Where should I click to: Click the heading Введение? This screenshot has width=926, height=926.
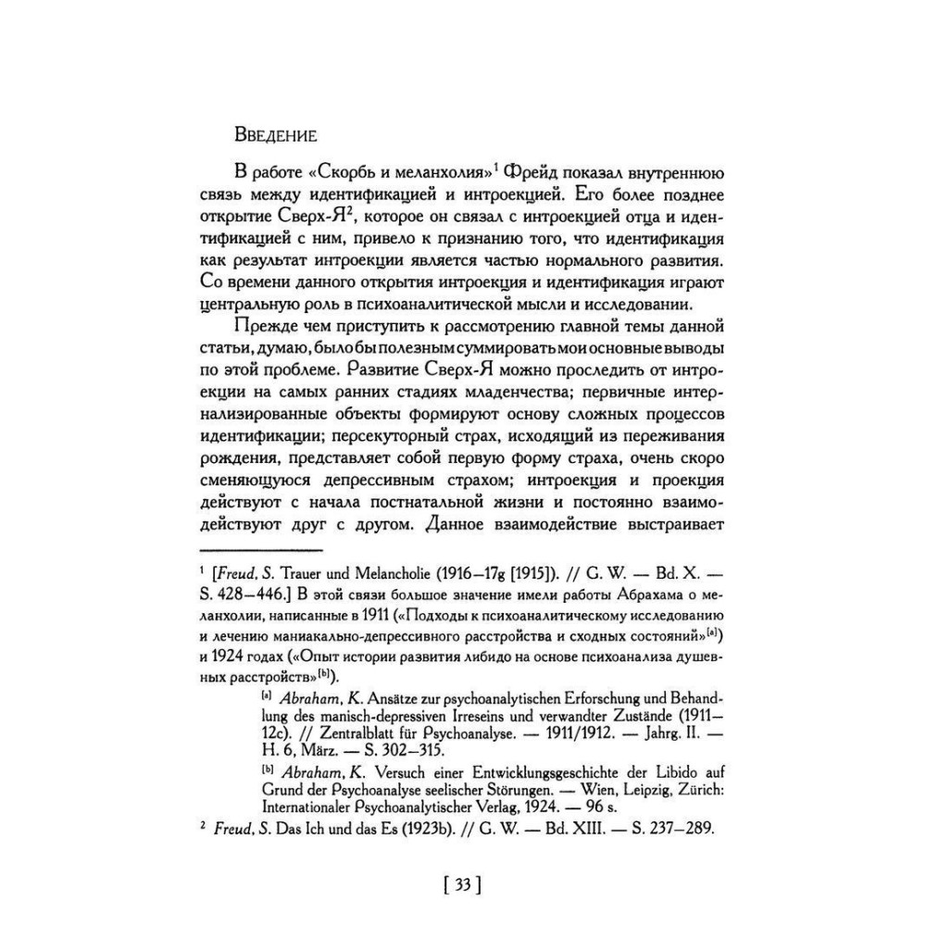[x=277, y=134]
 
